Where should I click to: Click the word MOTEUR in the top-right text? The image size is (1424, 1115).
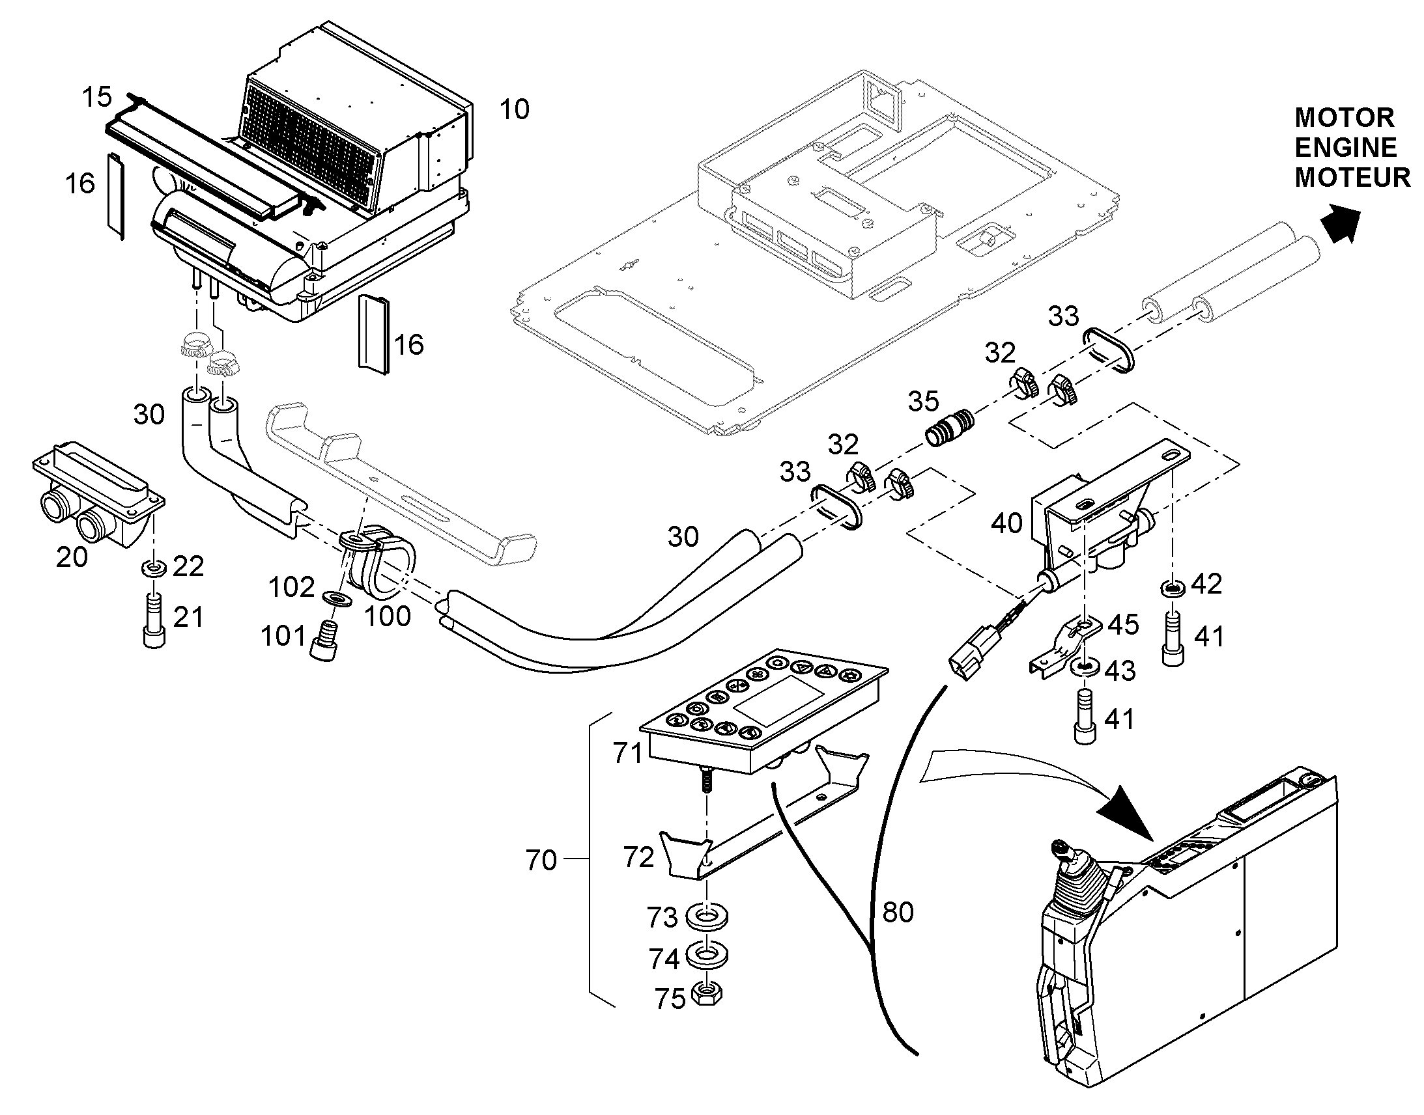pyautogui.click(x=1352, y=178)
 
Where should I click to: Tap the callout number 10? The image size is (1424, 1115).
pyautogui.click(x=514, y=109)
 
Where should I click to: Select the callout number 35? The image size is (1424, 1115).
pyautogui.click(x=923, y=402)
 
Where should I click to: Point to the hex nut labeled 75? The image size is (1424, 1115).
pyautogui.click(x=705, y=993)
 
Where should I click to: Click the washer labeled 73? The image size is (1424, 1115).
pyautogui.click(x=706, y=915)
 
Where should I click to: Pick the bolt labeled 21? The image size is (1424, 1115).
pyautogui.click(x=154, y=620)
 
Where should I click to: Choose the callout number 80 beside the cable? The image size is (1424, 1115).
pyautogui.click(x=898, y=912)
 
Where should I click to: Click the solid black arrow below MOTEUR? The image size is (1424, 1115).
pyautogui.click(x=1341, y=223)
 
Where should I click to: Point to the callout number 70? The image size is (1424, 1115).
pyautogui.click(x=541, y=860)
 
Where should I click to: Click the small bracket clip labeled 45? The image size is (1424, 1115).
pyautogui.click(x=1066, y=646)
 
